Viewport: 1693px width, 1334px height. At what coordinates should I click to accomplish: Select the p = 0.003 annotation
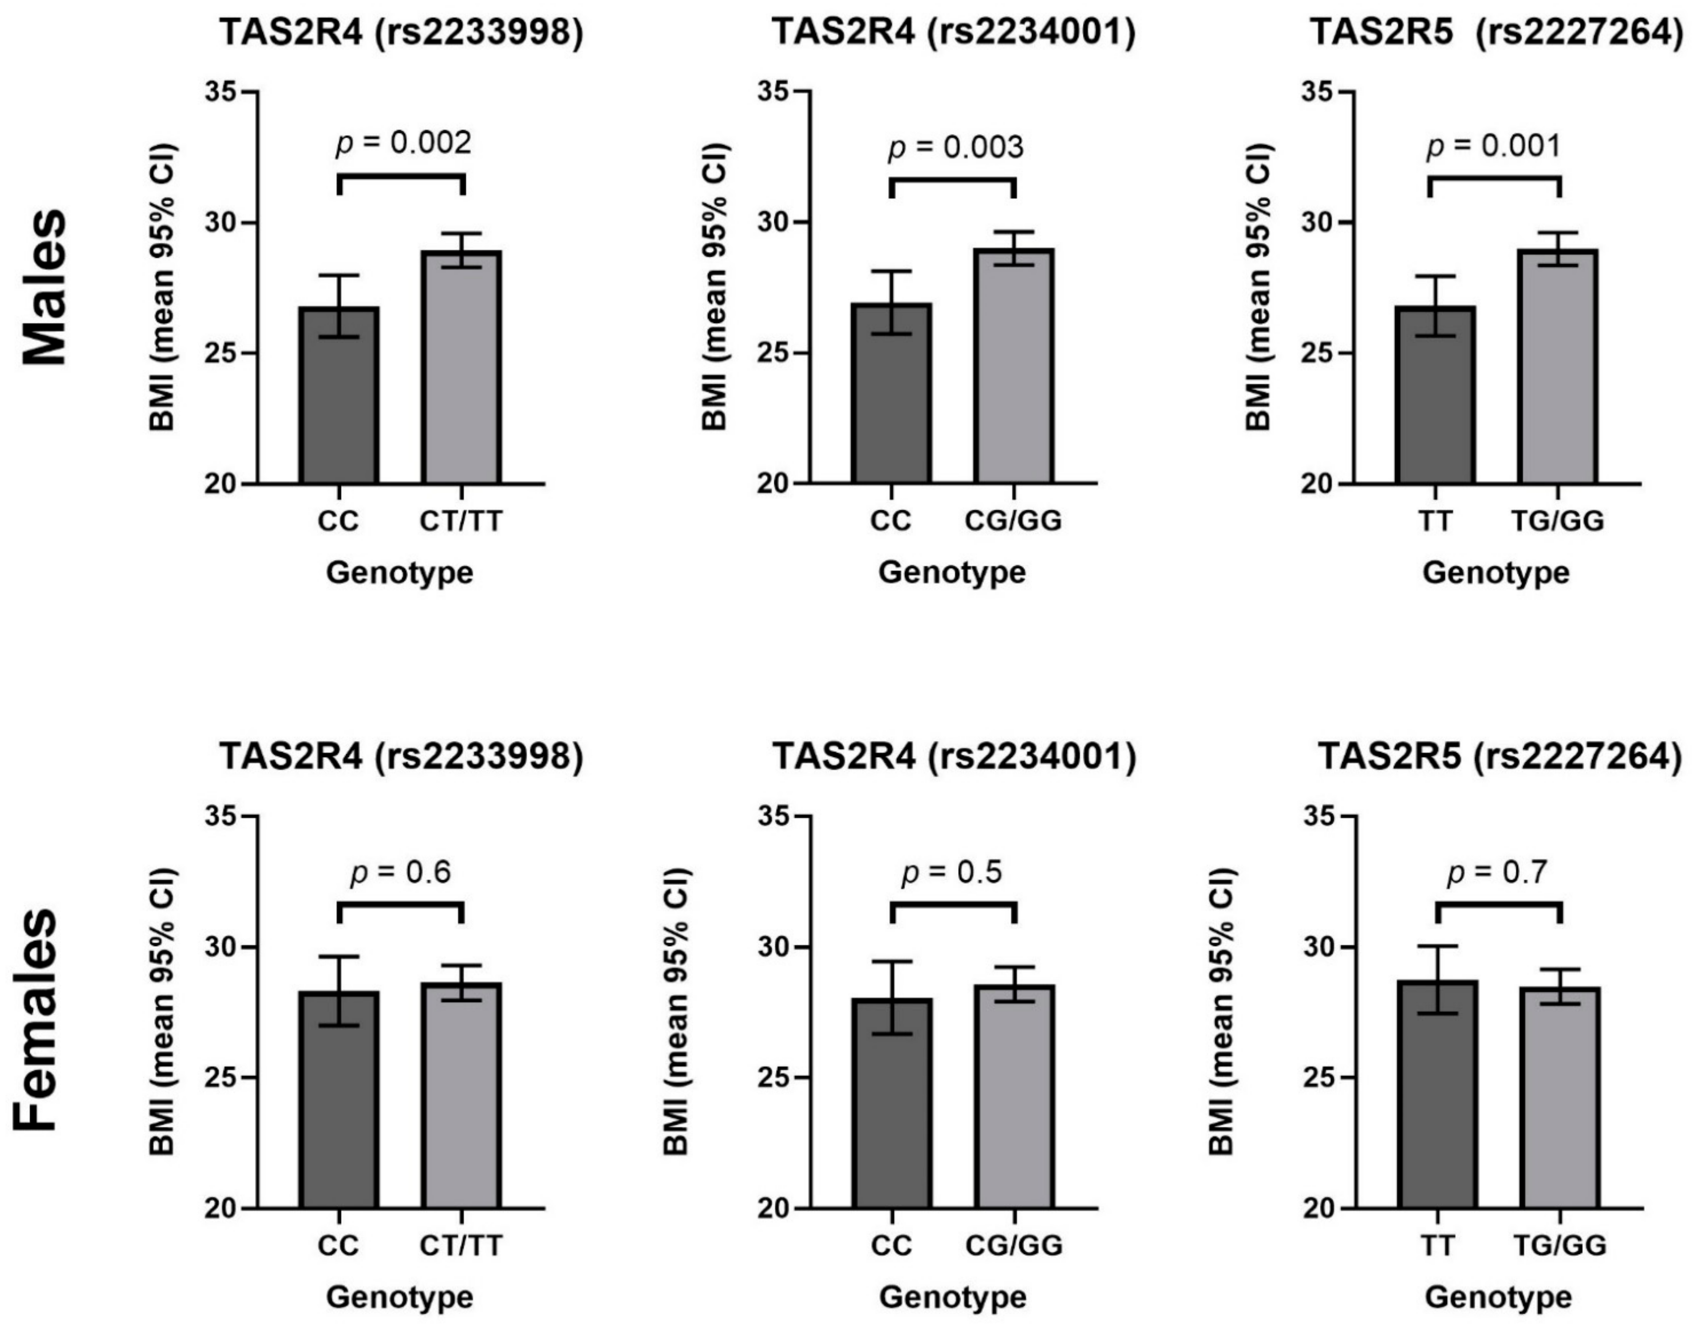(x=955, y=147)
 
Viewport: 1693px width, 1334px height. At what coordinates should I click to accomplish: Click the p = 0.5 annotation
(x=952, y=872)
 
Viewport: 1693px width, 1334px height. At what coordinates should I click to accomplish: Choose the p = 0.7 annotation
(x=1497, y=872)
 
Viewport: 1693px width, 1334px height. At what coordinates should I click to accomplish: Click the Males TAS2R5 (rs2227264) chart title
(x=1496, y=33)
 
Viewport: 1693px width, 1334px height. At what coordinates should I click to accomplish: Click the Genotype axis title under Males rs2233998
(x=400, y=572)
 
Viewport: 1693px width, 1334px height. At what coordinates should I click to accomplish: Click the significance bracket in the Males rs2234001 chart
(x=952, y=181)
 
